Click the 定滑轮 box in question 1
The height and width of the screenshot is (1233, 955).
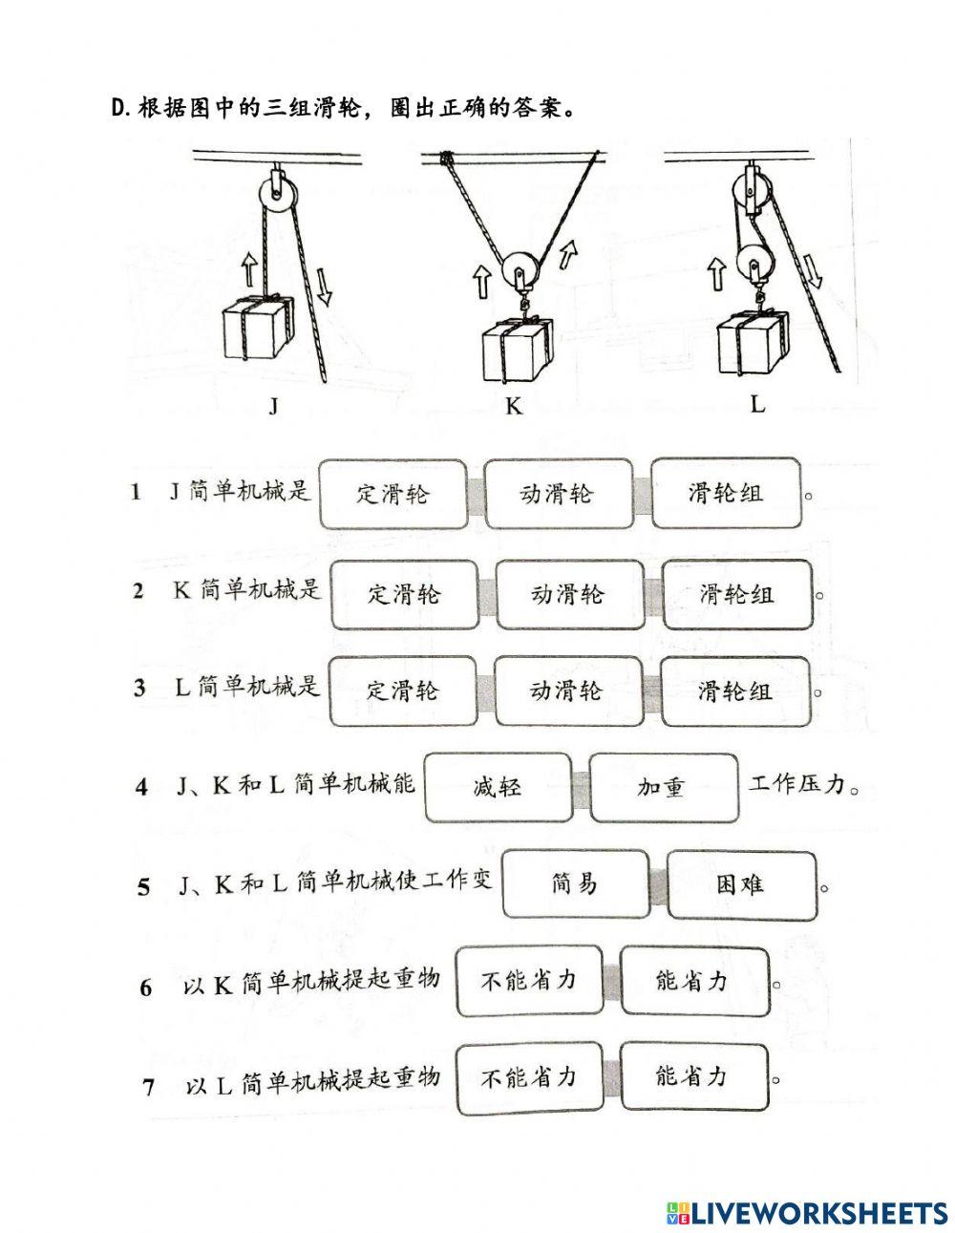(393, 493)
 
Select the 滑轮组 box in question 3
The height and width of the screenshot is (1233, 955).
(734, 690)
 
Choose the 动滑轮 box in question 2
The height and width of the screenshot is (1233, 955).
(567, 594)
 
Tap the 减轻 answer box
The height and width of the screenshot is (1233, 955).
(497, 788)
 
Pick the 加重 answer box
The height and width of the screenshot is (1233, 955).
(663, 788)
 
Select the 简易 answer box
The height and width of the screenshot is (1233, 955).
(575, 884)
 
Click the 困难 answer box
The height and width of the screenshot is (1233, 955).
(741, 884)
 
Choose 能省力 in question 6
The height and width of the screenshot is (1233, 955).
(693, 981)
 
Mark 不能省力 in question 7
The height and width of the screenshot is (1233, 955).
(528, 1078)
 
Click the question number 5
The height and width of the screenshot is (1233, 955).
(144, 887)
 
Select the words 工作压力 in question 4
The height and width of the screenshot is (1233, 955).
(797, 786)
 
